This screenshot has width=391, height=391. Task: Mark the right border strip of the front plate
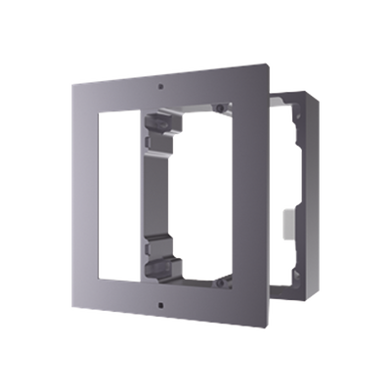point(260,205)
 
